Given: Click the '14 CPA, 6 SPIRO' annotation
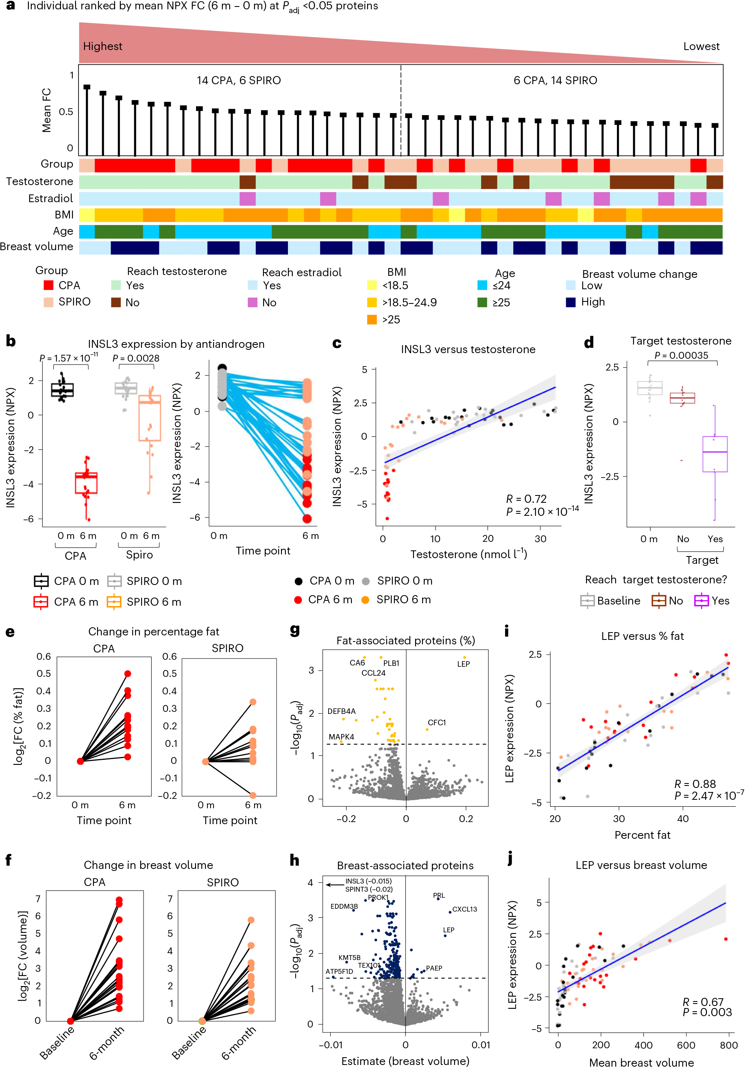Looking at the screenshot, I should pyautogui.click(x=239, y=81).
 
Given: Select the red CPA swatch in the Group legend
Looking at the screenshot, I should pyautogui.click(x=48, y=285).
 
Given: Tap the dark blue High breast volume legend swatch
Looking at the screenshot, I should pyautogui.click(x=571, y=302).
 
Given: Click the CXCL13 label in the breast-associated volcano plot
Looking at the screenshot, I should pyautogui.click(x=464, y=909).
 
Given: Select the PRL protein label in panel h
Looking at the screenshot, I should pyautogui.click(x=439, y=895).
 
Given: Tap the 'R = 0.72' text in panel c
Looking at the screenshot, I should pyautogui.click(x=526, y=499).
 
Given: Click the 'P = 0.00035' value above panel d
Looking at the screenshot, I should pyautogui.click(x=682, y=356).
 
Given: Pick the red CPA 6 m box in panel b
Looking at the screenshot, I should pyautogui.click(x=86, y=483).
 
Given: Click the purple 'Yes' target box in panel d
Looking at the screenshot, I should pyautogui.click(x=715, y=454).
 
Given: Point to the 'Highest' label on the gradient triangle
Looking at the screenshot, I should pyautogui.click(x=102, y=46).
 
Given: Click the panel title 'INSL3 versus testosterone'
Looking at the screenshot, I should pyautogui.click(x=468, y=349).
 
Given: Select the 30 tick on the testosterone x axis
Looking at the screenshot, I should pyautogui.click(x=540, y=539).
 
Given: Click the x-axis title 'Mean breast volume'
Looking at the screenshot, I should pyautogui.click(x=641, y=1062).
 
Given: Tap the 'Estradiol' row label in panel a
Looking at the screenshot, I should pyautogui.click(x=50, y=199).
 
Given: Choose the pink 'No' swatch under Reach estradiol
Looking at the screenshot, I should pyautogui.click(x=253, y=303).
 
